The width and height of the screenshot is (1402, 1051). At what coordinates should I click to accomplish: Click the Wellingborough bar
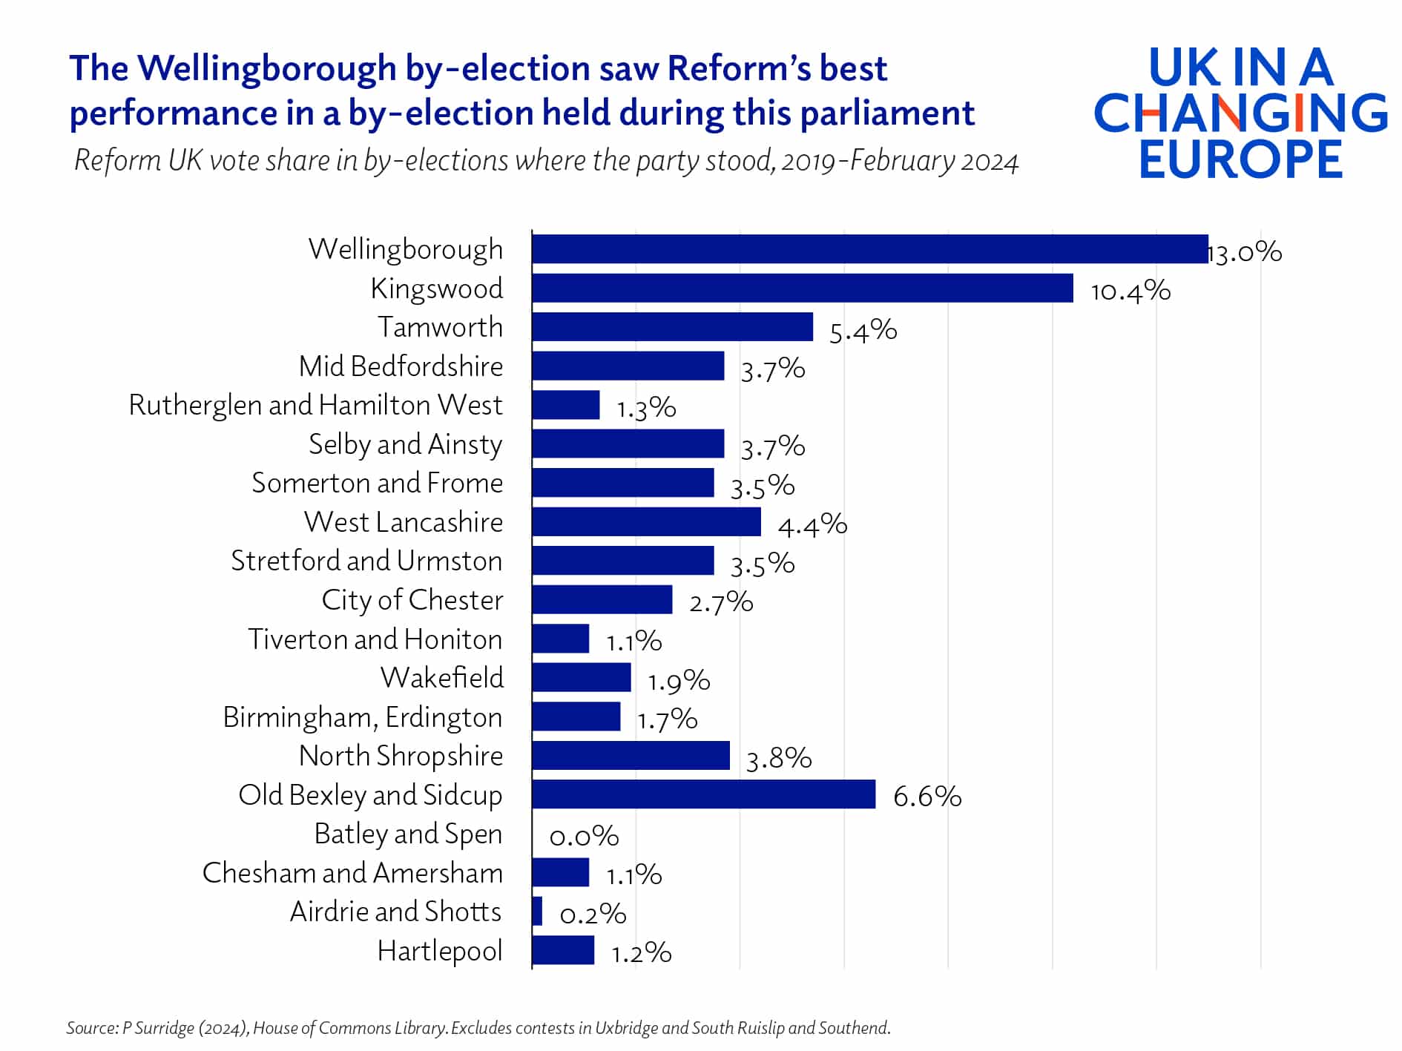tap(869, 249)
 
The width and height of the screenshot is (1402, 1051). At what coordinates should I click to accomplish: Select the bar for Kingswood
tap(802, 288)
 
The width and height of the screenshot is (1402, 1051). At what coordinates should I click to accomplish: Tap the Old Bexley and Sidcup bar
tap(703, 794)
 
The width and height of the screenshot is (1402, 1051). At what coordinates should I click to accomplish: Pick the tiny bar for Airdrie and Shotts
tap(537, 912)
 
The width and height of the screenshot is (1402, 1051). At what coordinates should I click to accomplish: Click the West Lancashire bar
tap(646, 521)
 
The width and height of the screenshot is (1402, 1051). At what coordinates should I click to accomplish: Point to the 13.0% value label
tap(1245, 252)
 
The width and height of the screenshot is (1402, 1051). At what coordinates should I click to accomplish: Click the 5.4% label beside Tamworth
tap(863, 331)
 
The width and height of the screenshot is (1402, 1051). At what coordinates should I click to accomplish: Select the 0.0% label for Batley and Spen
tap(584, 837)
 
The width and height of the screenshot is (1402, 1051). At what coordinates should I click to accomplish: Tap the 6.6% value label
tap(927, 797)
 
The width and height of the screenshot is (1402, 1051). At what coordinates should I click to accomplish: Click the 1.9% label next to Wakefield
tap(678, 681)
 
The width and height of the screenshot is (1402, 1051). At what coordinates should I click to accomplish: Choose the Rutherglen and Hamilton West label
tap(315, 406)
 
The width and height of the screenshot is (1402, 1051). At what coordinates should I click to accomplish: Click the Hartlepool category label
tap(439, 951)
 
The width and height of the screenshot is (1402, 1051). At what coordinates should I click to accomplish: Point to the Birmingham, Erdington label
tap(362, 717)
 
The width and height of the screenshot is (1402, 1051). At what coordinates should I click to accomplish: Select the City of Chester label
tap(412, 600)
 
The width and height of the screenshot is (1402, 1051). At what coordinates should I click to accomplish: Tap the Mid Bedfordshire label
tap(401, 366)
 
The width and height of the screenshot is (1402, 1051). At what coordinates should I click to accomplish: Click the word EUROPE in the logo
tap(1240, 159)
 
